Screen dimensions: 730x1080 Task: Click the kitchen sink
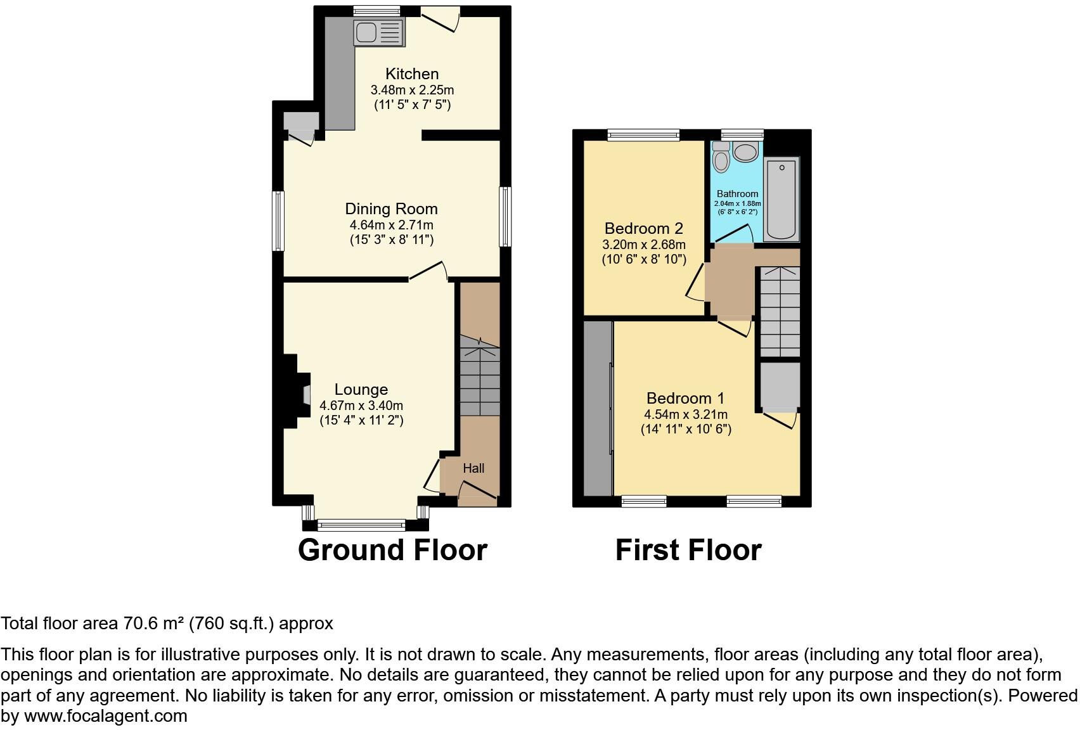[x=378, y=32]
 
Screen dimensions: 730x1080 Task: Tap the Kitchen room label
[x=412, y=74]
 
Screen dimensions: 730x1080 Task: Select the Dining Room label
[x=391, y=209]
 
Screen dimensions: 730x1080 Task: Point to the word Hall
[x=473, y=468]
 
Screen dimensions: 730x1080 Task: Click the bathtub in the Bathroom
[x=781, y=199]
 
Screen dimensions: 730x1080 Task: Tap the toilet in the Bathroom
[x=721, y=157]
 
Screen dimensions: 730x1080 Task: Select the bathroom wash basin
[x=745, y=152]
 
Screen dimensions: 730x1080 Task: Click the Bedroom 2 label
[x=643, y=228]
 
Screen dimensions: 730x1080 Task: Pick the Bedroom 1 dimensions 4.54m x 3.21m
[x=686, y=414]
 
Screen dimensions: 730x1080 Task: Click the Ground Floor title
[x=392, y=550]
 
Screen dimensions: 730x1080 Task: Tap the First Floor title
[x=688, y=550]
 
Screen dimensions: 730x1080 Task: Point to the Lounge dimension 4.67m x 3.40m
[x=361, y=406]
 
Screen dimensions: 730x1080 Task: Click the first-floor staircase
[x=780, y=312]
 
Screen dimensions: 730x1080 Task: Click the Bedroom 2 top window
[x=643, y=134]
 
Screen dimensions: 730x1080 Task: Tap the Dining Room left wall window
[x=278, y=221]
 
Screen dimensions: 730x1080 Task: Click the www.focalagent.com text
[x=106, y=716]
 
